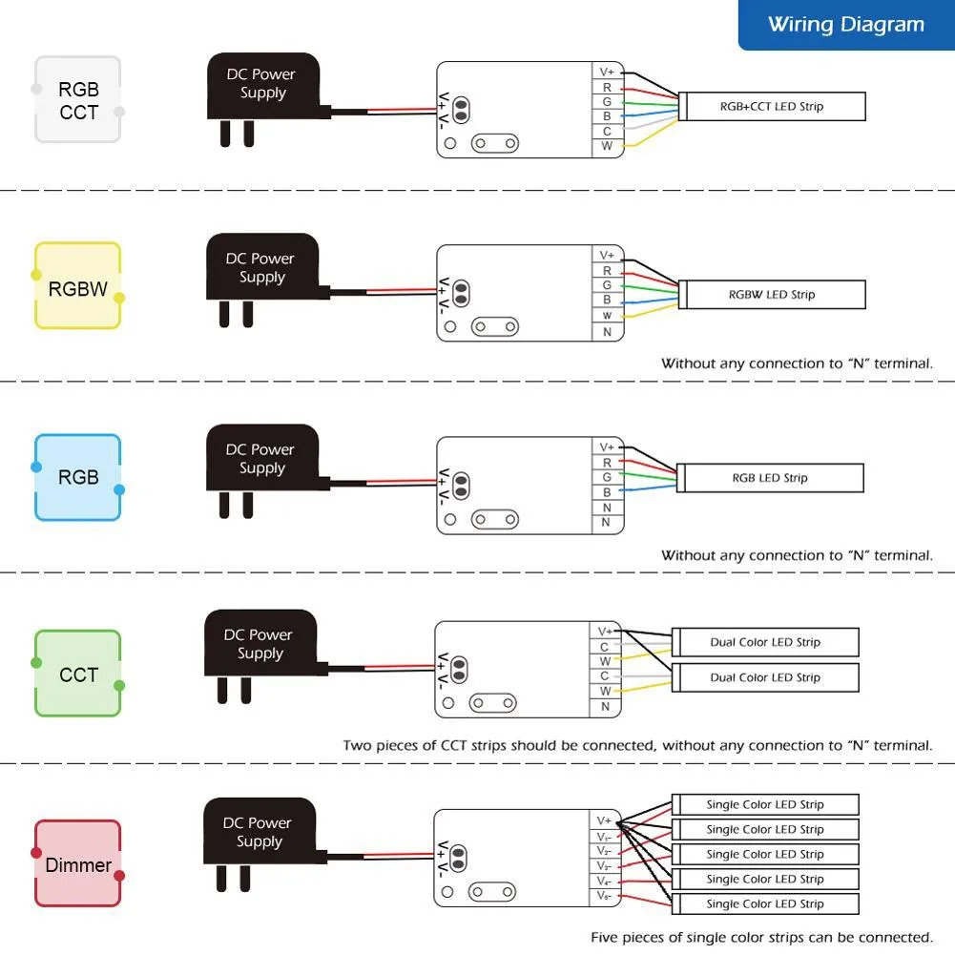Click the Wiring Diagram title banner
pyautogui.click(x=846, y=26)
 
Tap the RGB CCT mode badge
pyautogui.click(x=78, y=100)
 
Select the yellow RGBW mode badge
pyautogui.click(x=78, y=286)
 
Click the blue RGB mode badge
pyautogui.click(x=78, y=477)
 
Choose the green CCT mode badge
pyautogui.click(x=78, y=675)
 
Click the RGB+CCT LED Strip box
pyautogui.click(x=772, y=107)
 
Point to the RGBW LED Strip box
pyautogui.click(x=772, y=295)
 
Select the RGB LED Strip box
pyautogui.click(x=770, y=478)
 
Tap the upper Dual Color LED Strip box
pyautogui.click(x=765, y=642)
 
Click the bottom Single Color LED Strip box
pyautogui.click(x=765, y=903)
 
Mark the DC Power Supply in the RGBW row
pyautogui.click(x=261, y=268)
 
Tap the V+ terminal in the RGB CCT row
pyautogui.click(x=607, y=72)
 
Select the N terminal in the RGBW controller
pyautogui.click(x=607, y=332)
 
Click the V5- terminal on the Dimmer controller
pyautogui.click(x=605, y=897)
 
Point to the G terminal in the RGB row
pyautogui.click(x=607, y=477)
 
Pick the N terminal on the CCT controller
pyautogui.click(x=605, y=707)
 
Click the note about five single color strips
pyautogui.click(x=761, y=938)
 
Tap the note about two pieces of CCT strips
pyautogui.click(x=637, y=745)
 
